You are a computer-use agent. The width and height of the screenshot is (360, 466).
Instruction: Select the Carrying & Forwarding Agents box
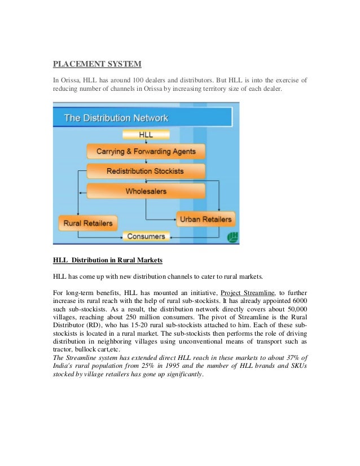tap(146, 151)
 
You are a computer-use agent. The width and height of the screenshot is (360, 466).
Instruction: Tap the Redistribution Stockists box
tap(146, 171)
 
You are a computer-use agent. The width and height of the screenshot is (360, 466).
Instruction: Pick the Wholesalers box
tap(146, 191)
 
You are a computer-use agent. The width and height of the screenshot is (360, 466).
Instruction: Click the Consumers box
tap(146, 237)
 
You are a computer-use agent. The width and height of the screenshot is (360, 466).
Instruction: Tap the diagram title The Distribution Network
tap(116, 118)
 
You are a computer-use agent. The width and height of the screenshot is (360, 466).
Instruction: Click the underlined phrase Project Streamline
tap(247, 293)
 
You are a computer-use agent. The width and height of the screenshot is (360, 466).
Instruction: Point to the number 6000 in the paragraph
tap(298, 301)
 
